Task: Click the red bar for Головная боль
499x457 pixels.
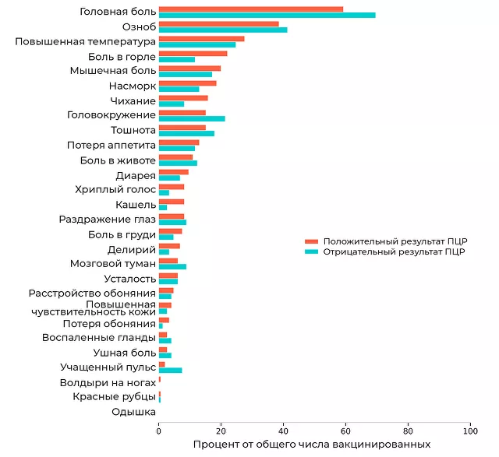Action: (x=250, y=9)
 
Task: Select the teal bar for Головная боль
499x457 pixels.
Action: (x=267, y=15)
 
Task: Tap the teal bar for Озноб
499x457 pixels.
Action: (x=222, y=30)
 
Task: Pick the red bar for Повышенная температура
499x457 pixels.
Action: (x=201, y=39)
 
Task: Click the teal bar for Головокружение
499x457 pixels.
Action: (x=192, y=118)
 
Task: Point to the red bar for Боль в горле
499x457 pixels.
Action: (x=193, y=54)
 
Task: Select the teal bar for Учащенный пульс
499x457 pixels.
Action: (x=170, y=371)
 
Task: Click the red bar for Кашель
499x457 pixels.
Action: (x=171, y=202)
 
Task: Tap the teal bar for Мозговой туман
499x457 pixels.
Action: (x=172, y=266)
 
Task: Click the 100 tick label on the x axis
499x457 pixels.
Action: (x=470, y=430)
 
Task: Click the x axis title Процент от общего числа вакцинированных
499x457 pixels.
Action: (x=311, y=445)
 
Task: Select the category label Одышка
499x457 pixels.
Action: (x=133, y=412)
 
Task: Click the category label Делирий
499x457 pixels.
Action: (x=132, y=249)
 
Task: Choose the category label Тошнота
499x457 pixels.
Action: (x=133, y=130)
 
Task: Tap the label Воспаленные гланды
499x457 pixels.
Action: (x=99, y=338)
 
